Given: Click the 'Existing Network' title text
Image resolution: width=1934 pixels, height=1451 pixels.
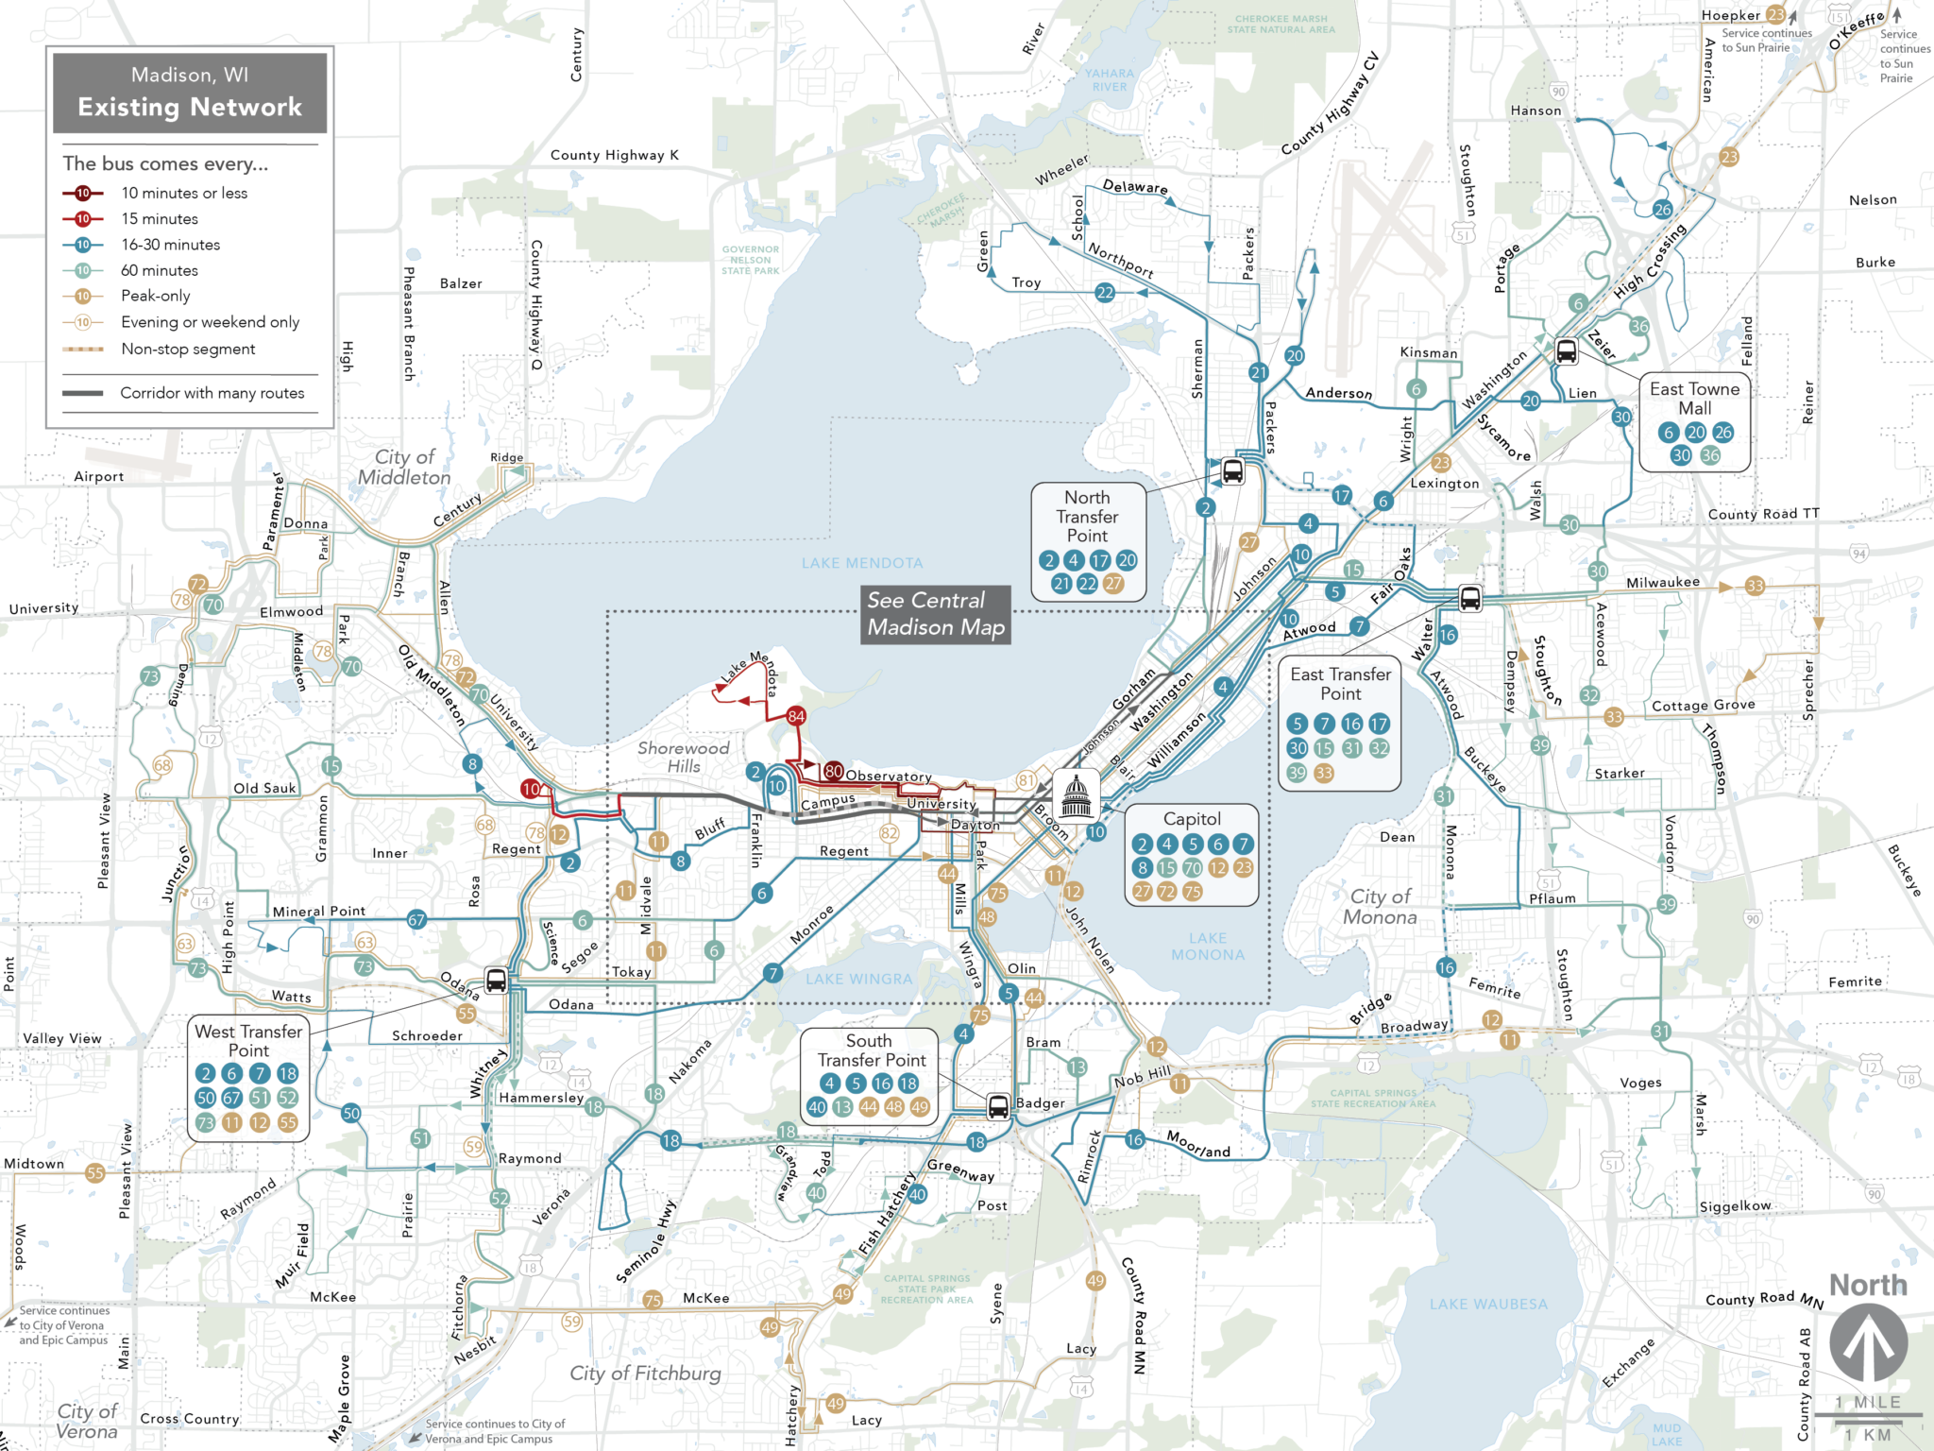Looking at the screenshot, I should [190, 107].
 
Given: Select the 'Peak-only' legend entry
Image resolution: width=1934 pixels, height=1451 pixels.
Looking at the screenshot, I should [156, 296].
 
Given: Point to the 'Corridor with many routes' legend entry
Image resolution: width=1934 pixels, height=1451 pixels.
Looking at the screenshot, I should [212, 393].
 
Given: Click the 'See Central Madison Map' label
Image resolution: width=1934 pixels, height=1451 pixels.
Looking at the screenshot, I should [936, 614].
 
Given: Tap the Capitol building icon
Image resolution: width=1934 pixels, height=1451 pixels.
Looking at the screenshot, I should [1076, 794].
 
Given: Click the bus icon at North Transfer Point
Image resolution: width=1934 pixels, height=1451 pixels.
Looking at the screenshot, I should [1232, 470].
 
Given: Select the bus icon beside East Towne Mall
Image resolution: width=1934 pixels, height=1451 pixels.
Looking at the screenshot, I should [1566, 351].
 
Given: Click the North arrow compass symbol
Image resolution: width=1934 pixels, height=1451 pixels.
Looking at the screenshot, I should [1868, 1342].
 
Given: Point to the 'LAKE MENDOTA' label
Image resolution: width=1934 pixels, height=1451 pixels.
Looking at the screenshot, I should [862, 563].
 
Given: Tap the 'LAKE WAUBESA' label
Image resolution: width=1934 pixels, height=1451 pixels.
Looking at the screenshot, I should [1488, 1305].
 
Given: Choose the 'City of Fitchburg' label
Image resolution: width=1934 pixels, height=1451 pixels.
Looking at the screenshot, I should [645, 1373].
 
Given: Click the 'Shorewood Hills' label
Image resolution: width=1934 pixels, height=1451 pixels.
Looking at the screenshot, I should [684, 757].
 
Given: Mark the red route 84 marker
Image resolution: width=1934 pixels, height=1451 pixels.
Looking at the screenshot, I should [796, 716].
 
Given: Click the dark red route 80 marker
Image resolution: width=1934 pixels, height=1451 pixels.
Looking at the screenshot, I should [833, 771].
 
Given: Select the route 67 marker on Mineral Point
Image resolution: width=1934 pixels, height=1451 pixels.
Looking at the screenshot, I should [416, 919].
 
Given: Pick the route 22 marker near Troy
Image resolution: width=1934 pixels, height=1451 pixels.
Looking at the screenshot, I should [1105, 293].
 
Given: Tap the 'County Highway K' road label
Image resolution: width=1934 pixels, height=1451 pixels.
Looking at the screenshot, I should [614, 155].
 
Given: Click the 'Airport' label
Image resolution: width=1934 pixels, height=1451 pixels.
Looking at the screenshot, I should [99, 476].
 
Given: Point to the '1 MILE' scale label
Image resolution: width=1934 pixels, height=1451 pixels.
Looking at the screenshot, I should [1868, 1402].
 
